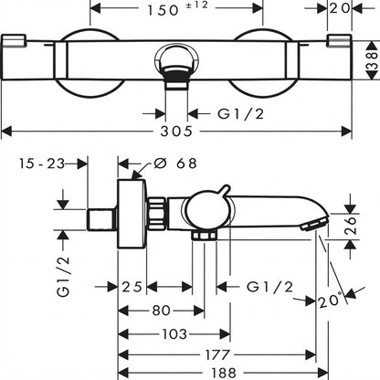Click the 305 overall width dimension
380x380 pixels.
point(176,131)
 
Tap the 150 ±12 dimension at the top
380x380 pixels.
point(177,9)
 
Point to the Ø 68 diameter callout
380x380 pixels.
point(175,164)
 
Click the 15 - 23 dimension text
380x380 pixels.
point(42,164)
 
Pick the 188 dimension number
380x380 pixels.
point(225,373)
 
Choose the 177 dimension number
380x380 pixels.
point(217,354)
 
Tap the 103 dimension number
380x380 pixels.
point(174,334)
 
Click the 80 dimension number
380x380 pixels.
point(162,311)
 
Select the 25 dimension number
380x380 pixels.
point(132,287)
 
